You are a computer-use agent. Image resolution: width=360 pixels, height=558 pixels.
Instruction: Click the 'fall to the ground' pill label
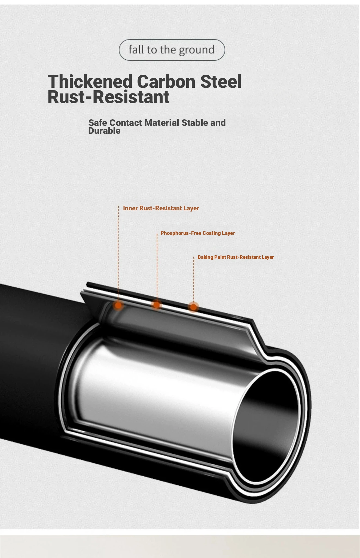[x=172, y=50]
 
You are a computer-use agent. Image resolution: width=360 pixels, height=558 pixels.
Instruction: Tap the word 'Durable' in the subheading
[x=104, y=131]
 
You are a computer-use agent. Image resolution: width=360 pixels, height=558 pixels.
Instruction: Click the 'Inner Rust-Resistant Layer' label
[x=161, y=208]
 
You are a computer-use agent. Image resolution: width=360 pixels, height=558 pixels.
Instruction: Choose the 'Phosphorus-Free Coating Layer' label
[x=198, y=233]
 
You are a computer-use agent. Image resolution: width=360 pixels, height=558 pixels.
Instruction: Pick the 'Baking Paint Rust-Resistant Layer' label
[x=236, y=257]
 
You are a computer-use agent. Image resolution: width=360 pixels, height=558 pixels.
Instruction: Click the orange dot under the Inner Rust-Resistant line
[x=118, y=305]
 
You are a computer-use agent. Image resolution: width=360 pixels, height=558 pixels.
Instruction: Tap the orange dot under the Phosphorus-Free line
[x=157, y=305]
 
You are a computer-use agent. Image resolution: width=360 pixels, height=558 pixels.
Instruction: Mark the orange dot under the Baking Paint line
[x=193, y=307]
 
